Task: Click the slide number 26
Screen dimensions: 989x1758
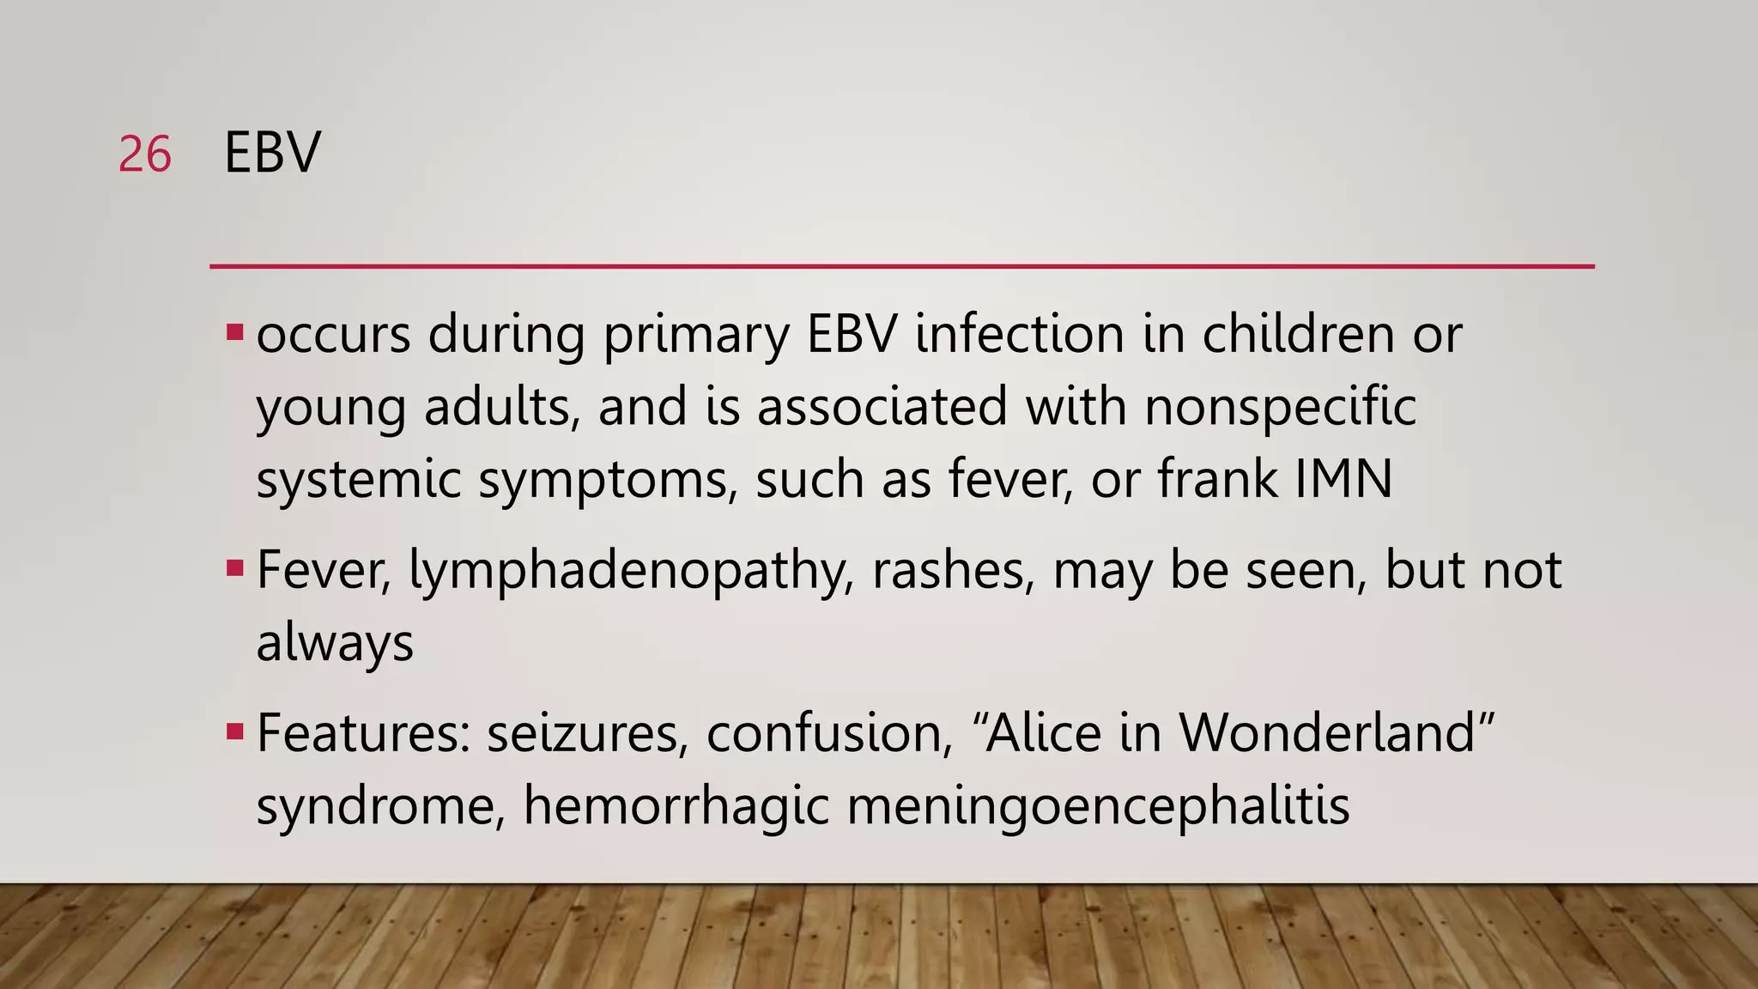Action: [x=145, y=155]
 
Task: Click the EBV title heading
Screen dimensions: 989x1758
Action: [x=272, y=154]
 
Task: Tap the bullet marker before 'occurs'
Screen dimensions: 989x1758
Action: [x=234, y=331]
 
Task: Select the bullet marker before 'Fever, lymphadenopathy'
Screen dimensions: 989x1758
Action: [x=234, y=568]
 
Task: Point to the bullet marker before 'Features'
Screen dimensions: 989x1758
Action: [x=234, y=731]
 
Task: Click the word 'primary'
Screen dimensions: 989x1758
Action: [x=695, y=335]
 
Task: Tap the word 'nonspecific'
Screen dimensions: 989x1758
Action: [x=1280, y=407]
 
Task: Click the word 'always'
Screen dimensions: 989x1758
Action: [x=335, y=644]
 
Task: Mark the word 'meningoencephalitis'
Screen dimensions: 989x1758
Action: [x=1098, y=808]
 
